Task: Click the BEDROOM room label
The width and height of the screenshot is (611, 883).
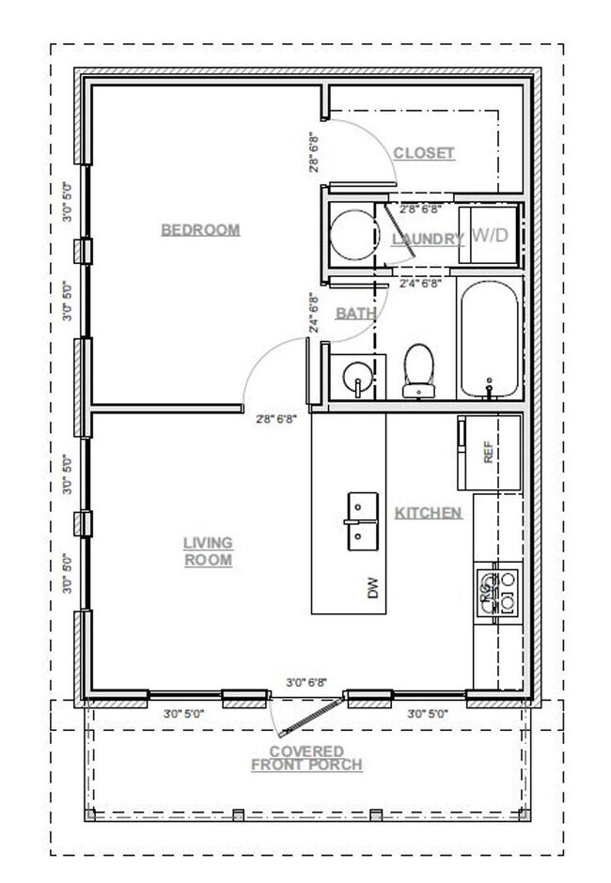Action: [x=200, y=230]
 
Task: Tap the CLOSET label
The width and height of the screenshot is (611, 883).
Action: [x=423, y=153]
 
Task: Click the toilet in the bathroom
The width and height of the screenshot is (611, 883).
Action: [x=418, y=369]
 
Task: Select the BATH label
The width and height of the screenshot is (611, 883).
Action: [x=355, y=313]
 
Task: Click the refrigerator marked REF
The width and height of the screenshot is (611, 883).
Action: [x=488, y=453]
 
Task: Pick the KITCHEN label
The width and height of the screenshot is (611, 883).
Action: [x=428, y=513]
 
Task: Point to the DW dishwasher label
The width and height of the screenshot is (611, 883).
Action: [x=372, y=589]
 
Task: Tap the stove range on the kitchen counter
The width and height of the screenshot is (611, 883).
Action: [x=496, y=592]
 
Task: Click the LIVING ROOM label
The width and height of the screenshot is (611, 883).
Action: [x=208, y=551]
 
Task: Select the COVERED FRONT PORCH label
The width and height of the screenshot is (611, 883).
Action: [x=306, y=758]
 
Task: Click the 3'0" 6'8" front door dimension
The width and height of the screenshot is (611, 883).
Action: [x=306, y=684]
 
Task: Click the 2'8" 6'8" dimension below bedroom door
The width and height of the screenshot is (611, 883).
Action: [x=276, y=420]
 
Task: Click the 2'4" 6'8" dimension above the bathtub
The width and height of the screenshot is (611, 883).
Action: [x=420, y=283]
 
